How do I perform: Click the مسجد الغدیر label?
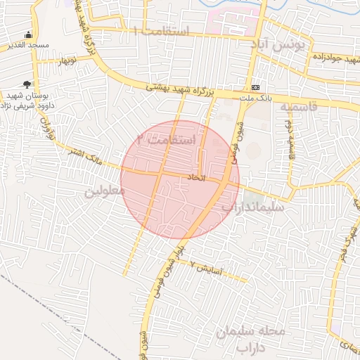(29, 45)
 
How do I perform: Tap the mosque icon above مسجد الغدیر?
(28, 34)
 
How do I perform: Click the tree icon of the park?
(27, 84)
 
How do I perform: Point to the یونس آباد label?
(281, 45)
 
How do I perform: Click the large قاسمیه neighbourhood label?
(298, 108)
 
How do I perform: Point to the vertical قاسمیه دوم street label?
(288, 134)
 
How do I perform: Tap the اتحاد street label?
(195, 178)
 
